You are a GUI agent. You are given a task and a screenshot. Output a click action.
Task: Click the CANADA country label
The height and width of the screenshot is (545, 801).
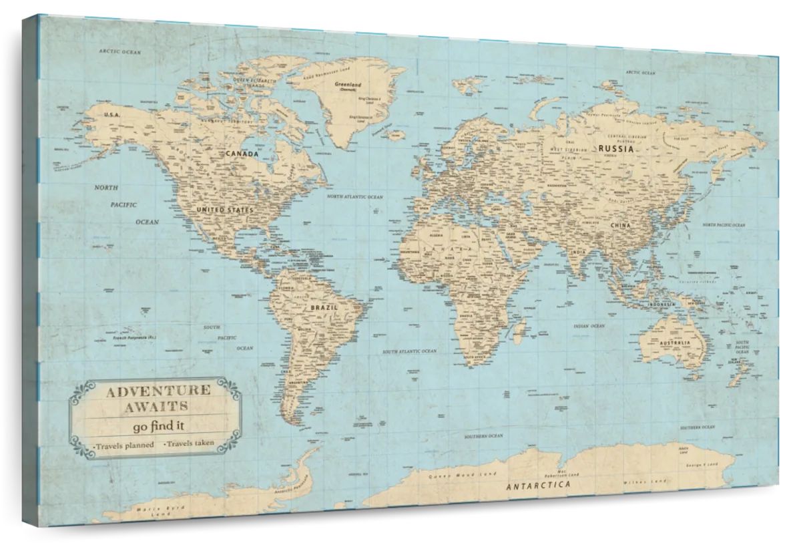[242, 154]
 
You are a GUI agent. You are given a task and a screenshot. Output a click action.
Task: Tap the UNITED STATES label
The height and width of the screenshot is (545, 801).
[225, 210]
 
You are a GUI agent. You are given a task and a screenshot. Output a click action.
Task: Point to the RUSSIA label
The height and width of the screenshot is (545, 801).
[615, 148]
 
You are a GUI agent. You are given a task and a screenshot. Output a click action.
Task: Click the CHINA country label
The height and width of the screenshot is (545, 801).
[619, 226]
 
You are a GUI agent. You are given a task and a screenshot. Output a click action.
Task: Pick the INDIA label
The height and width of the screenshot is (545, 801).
[578, 252]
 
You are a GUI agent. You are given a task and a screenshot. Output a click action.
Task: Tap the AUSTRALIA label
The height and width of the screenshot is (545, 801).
[674, 343]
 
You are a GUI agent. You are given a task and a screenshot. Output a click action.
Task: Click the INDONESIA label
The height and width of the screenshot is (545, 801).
[663, 305]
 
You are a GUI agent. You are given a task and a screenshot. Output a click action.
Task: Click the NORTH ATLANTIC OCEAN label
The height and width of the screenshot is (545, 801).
[355, 198]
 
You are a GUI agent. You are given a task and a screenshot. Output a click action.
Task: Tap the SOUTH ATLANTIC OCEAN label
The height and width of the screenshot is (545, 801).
[409, 351]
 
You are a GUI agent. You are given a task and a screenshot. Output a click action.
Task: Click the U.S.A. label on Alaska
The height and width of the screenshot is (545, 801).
[111, 115]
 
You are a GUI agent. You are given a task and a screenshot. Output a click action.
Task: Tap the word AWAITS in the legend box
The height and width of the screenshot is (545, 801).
[156, 405]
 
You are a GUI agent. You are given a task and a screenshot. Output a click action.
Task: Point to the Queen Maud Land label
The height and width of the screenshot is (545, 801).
[455, 475]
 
